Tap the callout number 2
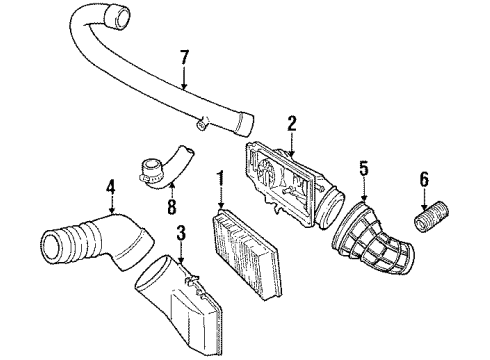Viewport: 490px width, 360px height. [x=292, y=123]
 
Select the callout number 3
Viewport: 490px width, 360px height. [x=181, y=234]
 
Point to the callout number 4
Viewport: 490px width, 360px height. [x=111, y=184]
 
